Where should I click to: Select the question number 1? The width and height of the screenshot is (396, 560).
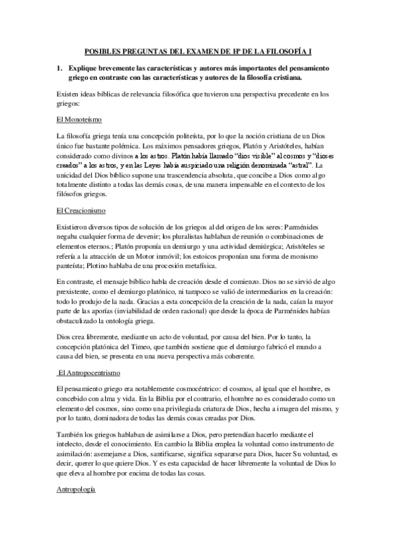point(59,68)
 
